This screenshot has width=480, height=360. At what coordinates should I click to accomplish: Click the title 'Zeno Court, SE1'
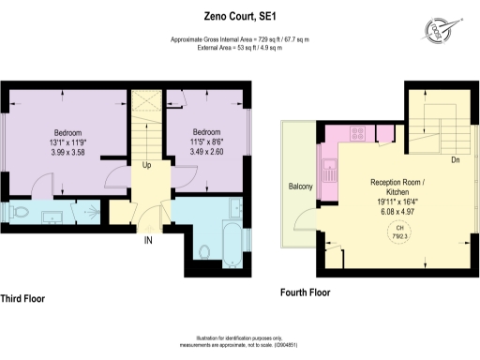[239, 15]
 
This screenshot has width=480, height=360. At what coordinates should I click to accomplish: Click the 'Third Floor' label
[22, 299]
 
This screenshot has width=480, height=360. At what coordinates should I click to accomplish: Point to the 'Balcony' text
[299, 187]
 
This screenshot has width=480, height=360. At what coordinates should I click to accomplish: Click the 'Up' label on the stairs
[146, 166]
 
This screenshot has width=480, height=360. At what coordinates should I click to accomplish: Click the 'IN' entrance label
[147, 241]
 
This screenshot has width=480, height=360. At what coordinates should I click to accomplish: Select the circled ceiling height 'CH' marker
[399, 232]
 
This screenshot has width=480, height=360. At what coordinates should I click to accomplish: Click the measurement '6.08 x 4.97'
[400, 211]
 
